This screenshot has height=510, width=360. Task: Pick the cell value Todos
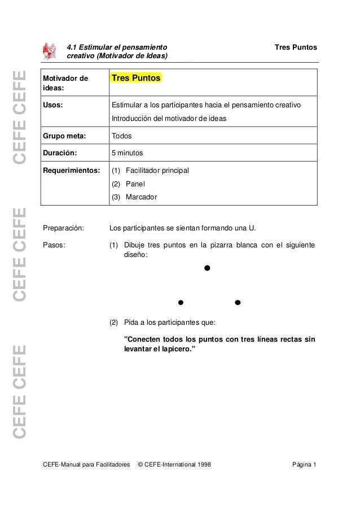(x=121, y=136)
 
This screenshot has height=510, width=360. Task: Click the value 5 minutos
(x=127, y=152)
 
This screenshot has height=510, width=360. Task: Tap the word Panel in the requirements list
(x=135, y=184)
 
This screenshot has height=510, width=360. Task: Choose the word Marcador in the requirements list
(x=141, y=197)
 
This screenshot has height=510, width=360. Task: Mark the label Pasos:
(x=54, y=245)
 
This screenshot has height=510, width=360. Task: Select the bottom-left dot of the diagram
(x=181, y=303)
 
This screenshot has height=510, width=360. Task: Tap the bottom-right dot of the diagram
(x=238, y=303)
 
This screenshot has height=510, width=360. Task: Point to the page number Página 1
(x=304, y=465)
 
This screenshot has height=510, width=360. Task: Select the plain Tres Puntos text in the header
(x=295, y=47)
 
